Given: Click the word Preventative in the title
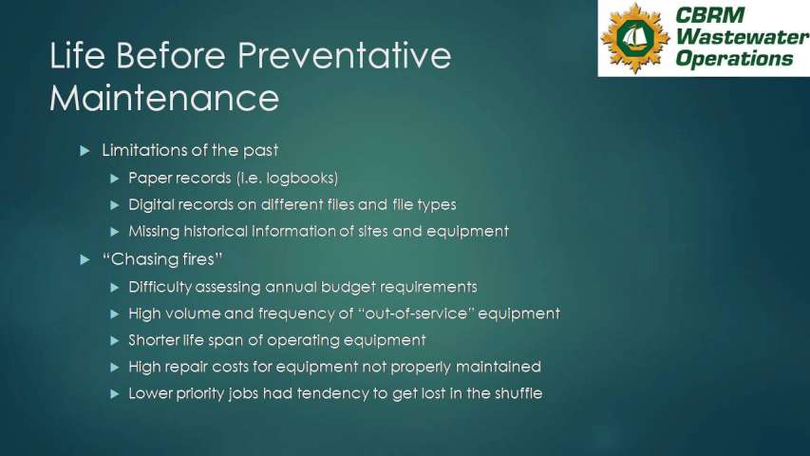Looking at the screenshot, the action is tap(344, 55).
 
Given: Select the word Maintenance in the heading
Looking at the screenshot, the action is tap(165, 98).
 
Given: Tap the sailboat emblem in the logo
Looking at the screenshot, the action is tap(634, 38).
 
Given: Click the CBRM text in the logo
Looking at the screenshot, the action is tap(709, 15).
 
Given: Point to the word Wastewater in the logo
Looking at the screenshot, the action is tap(743, 37).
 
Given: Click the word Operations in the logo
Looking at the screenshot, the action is tap(733, 58).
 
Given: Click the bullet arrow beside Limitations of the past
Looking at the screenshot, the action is tap(85, 151).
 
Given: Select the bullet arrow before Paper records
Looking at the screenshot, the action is tap(115, 179).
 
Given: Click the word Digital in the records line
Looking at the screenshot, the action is tap(150, 205).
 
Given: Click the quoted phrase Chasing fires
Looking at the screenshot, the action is tap(162, 259).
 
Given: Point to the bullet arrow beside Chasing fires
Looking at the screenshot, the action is tap(85, 259).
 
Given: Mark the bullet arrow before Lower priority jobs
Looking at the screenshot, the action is tap(115, 394).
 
